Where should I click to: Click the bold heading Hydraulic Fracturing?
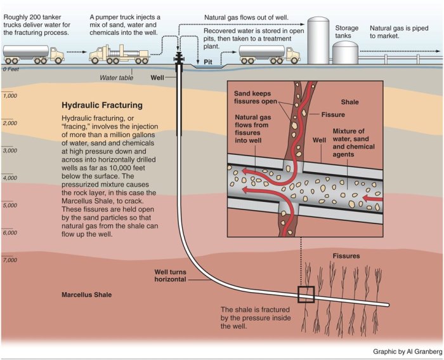(x=101, y=105)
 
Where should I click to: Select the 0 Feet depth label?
(x=12, y=69)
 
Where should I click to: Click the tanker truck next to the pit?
(x=270, y=54)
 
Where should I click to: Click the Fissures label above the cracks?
(x=346, y=257)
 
